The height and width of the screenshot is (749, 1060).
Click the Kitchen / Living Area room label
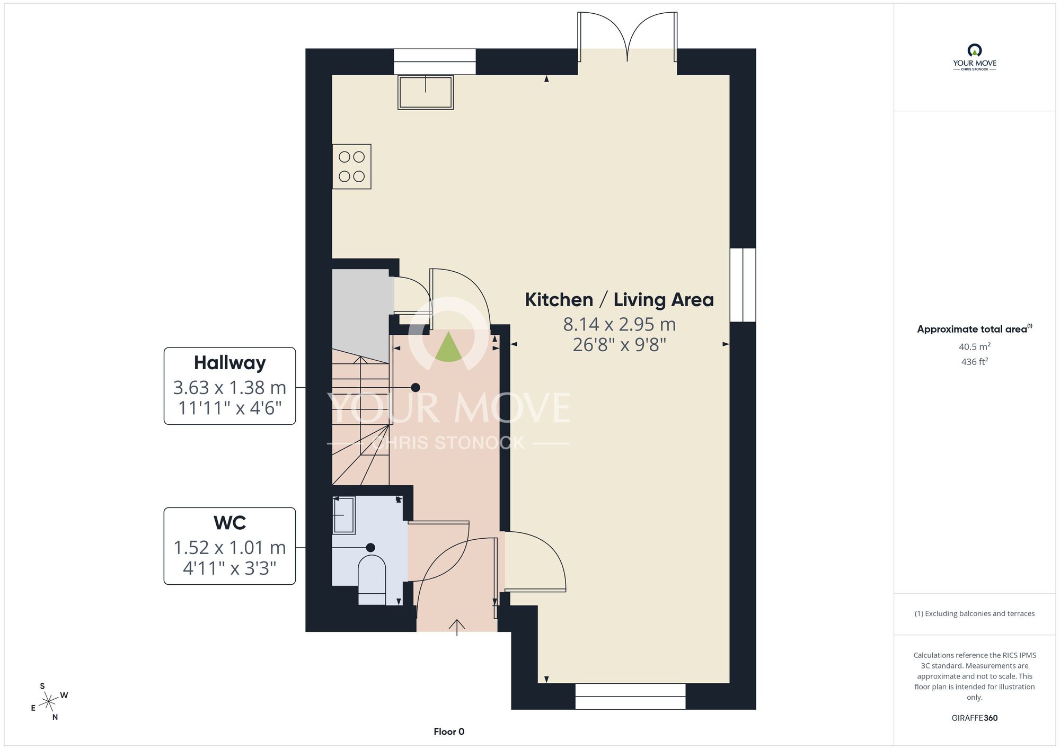point(619,300)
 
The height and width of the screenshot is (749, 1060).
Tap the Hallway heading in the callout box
point(229,363)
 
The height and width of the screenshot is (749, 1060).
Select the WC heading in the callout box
point(229,523)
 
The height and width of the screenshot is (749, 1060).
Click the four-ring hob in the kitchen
point(351,166)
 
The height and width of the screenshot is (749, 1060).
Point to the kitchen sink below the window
point(426,92)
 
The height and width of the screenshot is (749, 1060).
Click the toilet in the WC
point(372,580)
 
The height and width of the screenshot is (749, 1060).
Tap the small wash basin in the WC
point(343,515)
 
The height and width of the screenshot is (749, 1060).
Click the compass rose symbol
point(49,702)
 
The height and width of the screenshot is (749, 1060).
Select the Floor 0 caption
point(449,732)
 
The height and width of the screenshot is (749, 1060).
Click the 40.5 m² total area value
point(975,346)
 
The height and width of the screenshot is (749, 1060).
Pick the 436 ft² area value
point(975,362)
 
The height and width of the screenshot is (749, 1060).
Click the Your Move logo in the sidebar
point(975,58)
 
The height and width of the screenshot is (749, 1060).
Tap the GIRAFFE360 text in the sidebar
point(975,718)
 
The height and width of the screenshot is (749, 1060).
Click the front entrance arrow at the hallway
point(457,627)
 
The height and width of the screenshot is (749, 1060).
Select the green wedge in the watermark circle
point(448,347)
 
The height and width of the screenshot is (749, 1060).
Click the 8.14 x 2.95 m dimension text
point(619,324)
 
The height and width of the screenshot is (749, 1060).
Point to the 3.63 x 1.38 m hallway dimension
point(229,388)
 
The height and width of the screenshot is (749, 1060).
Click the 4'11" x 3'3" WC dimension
point(229,568)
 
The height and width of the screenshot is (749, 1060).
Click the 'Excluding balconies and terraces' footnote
point(975,613)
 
